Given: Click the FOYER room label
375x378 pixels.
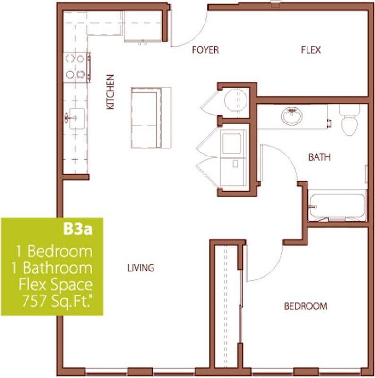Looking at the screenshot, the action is (205, 50).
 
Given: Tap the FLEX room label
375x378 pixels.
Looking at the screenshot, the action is (311, 50).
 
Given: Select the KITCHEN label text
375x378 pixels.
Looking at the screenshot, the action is (110, 92).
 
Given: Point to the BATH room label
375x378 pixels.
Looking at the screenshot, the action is (319, 157).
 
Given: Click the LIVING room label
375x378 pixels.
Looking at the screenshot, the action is (141, 268).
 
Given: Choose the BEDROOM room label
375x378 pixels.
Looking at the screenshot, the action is (306, 306).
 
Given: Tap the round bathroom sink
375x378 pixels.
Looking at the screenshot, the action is (292, 116).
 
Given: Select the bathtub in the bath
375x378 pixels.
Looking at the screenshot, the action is (337, 206).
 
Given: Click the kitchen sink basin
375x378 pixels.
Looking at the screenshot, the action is (77, 118).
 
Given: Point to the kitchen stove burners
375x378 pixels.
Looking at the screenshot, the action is (75, 67).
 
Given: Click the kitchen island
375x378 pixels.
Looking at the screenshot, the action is (151, 118).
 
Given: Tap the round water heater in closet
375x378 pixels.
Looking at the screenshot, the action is (236, 100).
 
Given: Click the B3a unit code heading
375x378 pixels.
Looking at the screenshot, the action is (77, 230).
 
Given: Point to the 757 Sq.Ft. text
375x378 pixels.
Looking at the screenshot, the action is (57, 301).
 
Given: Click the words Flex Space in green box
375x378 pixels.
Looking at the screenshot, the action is (56, 285).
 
